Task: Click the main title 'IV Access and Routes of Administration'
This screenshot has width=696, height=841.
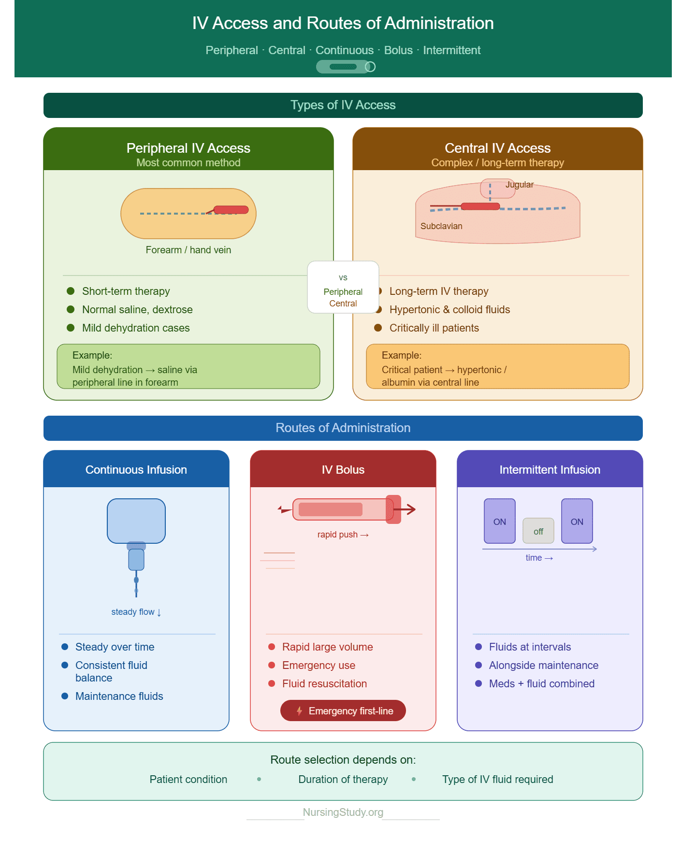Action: click(343, 23)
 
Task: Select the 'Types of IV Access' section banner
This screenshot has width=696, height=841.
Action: click(343, 105)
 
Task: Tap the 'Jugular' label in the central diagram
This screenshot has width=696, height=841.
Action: click(520, 185)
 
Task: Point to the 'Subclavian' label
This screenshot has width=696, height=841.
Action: click(441, 226)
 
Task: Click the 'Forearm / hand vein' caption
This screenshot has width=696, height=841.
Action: click(188, 250)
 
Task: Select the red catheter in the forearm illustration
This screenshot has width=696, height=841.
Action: click(231, 210)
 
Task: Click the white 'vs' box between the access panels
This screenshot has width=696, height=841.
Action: click(343, 287)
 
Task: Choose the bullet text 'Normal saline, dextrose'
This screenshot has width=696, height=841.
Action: click(137, 309)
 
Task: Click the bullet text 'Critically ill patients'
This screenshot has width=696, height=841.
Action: click(434, 328)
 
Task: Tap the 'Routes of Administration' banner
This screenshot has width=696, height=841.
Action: click(343, 428)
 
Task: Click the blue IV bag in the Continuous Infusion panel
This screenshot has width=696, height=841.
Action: click(136, 521)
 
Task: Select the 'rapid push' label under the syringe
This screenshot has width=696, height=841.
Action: click(343, 535)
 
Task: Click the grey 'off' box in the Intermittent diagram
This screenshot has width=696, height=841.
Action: click(538, 531)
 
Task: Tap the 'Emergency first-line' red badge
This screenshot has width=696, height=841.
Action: click(343, 710)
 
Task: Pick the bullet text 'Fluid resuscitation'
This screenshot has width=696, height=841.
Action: click(324, 683)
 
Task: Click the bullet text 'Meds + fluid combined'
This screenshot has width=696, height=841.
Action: click(542, 683)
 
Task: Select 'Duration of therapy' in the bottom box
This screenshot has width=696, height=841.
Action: click(343, 779)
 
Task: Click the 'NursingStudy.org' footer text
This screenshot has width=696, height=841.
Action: click(343, 812)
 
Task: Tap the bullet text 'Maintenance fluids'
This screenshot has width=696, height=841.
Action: click(119, 696)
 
